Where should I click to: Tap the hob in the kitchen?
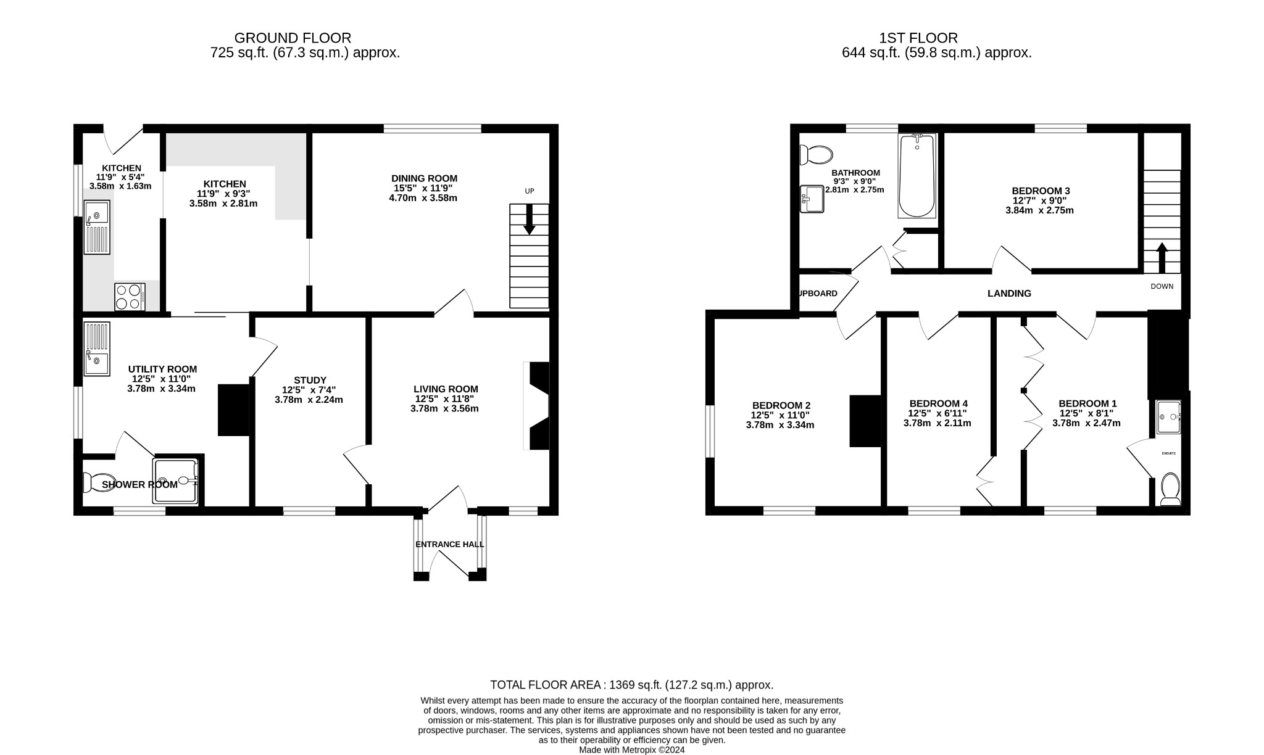(130, 296)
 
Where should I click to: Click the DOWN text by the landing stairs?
(1162, 286)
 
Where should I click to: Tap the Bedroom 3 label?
(1041, 191)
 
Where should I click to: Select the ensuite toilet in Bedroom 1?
(1170, 489)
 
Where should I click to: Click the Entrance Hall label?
(449, 545)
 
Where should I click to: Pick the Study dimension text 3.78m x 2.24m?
(309, 400)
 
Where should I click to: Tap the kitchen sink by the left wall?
(97, 226)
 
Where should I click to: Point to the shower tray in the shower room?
(177, 481)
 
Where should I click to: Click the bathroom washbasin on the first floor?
(812, 199)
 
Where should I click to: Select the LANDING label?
(1009, 294)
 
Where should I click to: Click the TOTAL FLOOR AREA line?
(631, 685)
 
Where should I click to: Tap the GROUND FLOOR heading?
(293, 38)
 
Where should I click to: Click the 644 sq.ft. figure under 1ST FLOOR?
(871, 53)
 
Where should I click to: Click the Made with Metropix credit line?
(631, 750)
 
